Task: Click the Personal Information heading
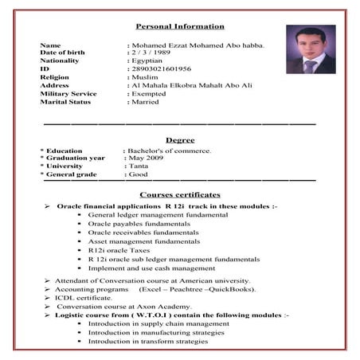(x=180, y=27)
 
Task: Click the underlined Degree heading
(x=180, y=139)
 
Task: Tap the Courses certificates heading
(x=180, y=194)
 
